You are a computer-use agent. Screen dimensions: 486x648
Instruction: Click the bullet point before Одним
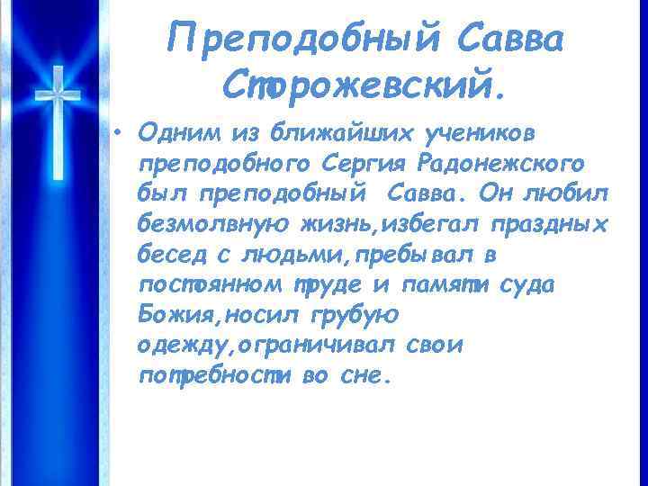coord(119,132)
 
